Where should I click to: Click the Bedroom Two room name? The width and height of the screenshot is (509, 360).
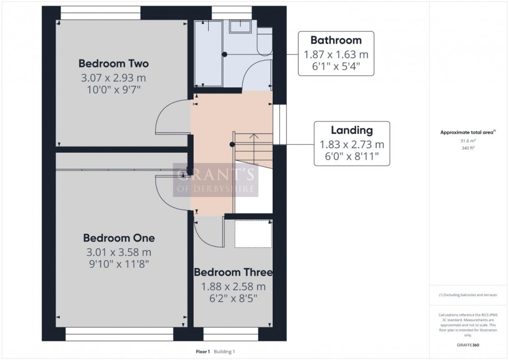point(113,63)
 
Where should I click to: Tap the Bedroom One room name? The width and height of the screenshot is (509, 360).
point(119,238)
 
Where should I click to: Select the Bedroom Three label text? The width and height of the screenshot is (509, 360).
point(233,272)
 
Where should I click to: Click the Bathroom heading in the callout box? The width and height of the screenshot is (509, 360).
point(336,40)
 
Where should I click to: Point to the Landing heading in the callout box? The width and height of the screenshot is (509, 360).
point(352,130)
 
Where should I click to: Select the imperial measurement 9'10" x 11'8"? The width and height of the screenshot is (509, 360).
point(119,264)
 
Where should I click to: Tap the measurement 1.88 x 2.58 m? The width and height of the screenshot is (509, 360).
point(233,286)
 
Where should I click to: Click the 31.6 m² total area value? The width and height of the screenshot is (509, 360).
point(468,141)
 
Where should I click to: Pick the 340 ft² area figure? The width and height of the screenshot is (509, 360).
point(468,148)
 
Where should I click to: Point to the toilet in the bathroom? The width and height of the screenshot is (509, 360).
point(264,39)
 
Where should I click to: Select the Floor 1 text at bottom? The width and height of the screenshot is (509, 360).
point(203,352)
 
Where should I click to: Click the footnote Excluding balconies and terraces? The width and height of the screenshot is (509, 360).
point(468,295)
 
